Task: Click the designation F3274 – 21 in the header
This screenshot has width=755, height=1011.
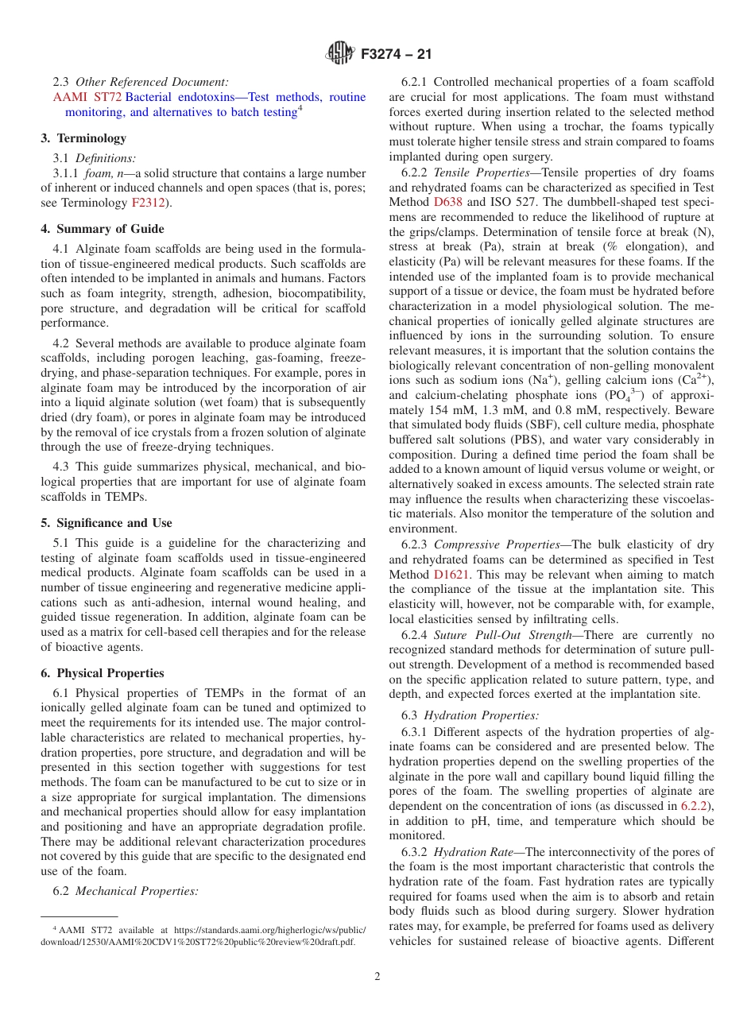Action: [396, 55]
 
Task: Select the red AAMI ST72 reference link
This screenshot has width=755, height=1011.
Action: [87, 97]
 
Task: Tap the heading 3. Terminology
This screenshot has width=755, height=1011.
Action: [83, 138]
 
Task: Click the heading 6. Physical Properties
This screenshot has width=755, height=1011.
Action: [102, 672]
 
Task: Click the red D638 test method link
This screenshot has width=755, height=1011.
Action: [447, 202]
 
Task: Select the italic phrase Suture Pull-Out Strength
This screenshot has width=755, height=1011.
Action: [502, 634]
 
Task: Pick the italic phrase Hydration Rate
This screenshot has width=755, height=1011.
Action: [474, 851]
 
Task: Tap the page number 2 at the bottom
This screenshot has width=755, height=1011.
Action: [377, 977]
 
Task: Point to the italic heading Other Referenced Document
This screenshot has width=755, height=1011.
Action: [152, 82]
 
